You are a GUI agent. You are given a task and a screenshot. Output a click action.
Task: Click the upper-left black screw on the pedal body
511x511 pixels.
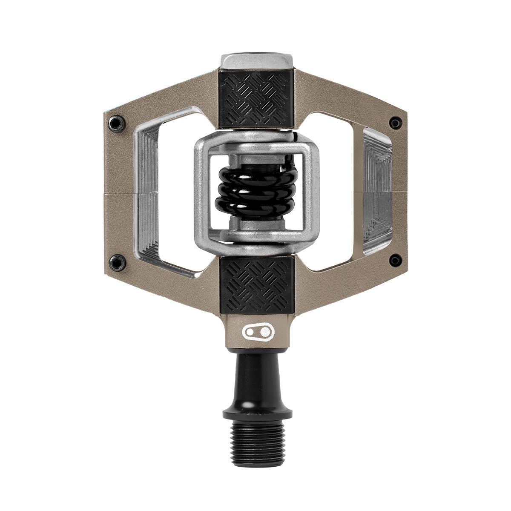point(115,123)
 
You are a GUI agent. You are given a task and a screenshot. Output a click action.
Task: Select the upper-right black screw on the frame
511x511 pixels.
point(396,123)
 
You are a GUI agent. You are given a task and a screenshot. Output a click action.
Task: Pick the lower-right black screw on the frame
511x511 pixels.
point(396,260)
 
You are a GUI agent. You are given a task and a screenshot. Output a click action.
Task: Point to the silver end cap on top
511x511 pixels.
point(256,60)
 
